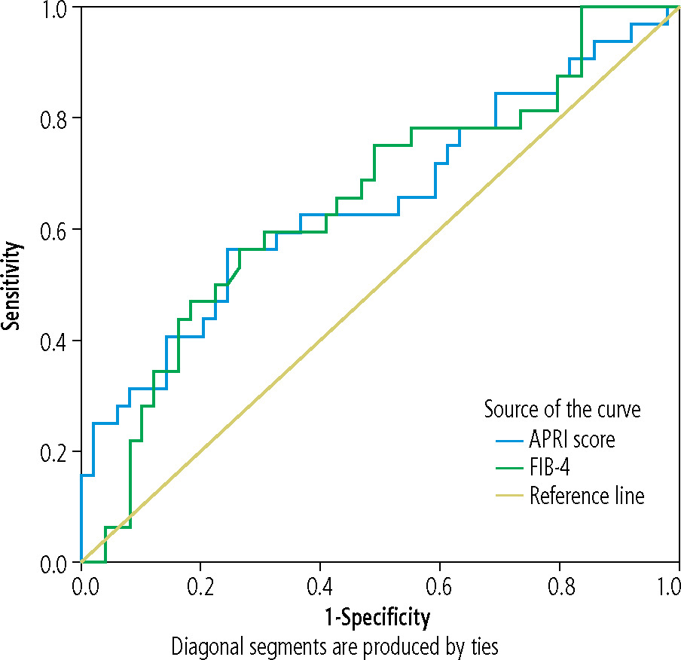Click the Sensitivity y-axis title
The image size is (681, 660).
click(x=11, y=285)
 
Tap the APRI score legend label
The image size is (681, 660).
click(x=572, y=439)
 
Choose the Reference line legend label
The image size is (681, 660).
click(x=587, y=497)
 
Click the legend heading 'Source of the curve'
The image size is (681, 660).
click(x=562, y=410)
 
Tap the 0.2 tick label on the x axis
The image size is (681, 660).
click(x=201, y=585)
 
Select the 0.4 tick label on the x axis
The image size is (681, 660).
click(x=320, y=585)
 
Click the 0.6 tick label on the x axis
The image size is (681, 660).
click(x=440, y=585)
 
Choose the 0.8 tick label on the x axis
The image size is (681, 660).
click(x=560, y=585)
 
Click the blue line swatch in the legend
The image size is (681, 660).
click(x=509, y=440)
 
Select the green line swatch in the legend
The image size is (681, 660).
click(x=509, y=469)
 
